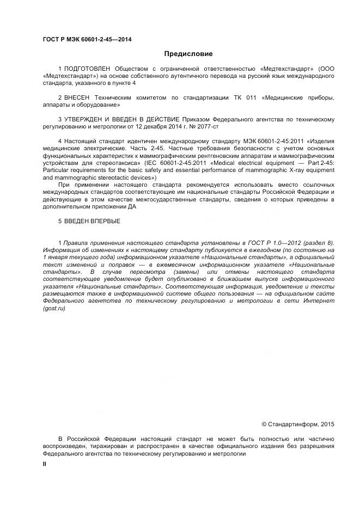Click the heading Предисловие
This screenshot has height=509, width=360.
point(188,54)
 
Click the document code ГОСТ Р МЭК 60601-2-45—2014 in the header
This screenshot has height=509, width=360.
point(87,39)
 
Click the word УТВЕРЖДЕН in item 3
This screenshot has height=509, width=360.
point(83,119)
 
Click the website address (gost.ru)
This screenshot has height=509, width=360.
point(54,308)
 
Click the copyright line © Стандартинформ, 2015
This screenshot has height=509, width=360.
point(298,424)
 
